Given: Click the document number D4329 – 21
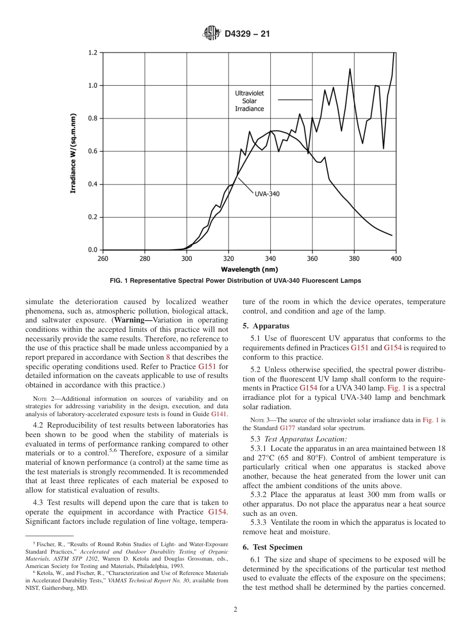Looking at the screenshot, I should click(x=247, y=34).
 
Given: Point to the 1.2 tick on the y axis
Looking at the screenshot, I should click(x=93, y=53).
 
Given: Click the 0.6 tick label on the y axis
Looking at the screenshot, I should click(x=93, y=151).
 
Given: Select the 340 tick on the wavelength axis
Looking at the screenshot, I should click(x=270, y=258).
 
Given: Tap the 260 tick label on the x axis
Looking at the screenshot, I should click(x=103, y=258).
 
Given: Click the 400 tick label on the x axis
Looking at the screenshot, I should click(x=396, y=258).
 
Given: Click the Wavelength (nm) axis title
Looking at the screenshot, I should click(x=249, y=269).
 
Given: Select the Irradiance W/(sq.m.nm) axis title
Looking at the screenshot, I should click(x=73, y=153).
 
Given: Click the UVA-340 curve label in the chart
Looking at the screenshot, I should click(x=267, y=194).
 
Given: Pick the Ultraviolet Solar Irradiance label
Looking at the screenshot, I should click(x=249, y=101).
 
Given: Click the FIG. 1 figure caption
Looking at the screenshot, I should click(x=235, y=281).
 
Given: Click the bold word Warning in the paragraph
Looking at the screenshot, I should click(x=130, y=319).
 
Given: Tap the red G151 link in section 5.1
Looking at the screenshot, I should click(x=359, y=348).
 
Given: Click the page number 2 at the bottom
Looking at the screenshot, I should click(x=235, y=610).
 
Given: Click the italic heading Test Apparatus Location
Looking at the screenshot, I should click(x=305, y=439).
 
